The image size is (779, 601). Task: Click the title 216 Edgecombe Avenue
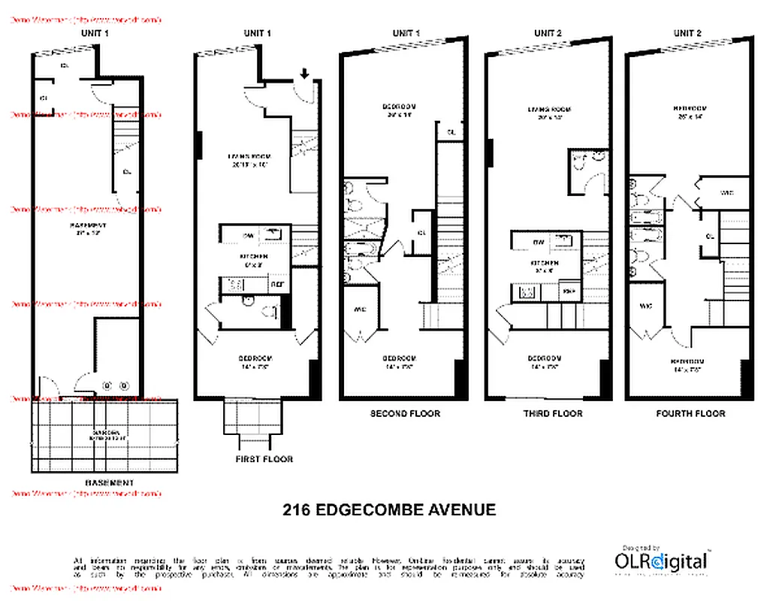point(388,510)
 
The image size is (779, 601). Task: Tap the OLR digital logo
point(660,560)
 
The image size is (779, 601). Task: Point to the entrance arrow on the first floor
point(304,74)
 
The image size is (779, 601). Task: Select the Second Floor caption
point(405,413)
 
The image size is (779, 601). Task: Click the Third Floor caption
point(552,413)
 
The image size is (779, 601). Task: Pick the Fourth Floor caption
point(690,413)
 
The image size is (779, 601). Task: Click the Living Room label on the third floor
point(550,110)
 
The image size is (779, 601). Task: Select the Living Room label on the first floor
point(248,157)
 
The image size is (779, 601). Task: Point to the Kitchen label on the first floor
point(252,256)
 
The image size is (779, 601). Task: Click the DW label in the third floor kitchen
point(538,242)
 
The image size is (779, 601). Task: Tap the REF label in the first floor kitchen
point(276,285)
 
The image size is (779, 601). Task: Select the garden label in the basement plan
point(104,433)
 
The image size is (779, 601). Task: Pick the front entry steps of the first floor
point(252,424)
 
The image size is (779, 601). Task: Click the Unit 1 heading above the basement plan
point(95,33)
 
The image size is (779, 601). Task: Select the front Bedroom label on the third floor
point(545,358)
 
